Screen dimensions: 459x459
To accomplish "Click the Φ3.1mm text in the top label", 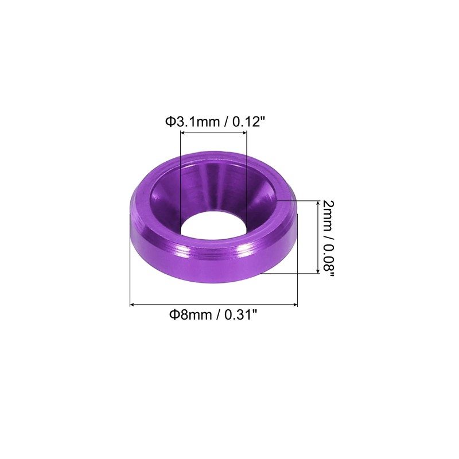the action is [x=192, y=122].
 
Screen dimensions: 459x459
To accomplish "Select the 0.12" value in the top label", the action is [x=249, y=122].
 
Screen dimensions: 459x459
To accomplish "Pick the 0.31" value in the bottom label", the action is [x=241, y=315].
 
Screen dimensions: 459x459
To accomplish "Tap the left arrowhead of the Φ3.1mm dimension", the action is [x=182, y=133].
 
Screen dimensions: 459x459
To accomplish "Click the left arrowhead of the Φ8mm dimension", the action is [x=132, y=305].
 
